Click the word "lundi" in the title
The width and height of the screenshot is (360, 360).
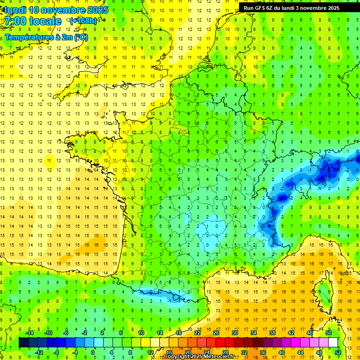coord(15,10)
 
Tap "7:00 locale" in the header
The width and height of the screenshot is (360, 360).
coord(33,22)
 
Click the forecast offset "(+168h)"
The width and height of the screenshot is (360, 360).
coord(83,21)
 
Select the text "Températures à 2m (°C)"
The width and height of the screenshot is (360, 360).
coord(46,37)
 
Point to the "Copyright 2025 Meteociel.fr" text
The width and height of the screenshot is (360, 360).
coord(205,357)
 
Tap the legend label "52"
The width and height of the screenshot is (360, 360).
coord(337,352)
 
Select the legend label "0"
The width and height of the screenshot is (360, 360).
coord(93,352)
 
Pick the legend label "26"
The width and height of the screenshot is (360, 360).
coord(216,333)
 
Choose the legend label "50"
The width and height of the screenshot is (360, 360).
coord(329,333)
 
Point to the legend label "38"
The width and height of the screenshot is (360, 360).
coord(272,333)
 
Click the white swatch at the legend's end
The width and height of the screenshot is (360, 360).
coord(333,342)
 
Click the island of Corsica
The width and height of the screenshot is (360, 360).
coord(322,291)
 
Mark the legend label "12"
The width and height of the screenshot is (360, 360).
coord(150,352)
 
